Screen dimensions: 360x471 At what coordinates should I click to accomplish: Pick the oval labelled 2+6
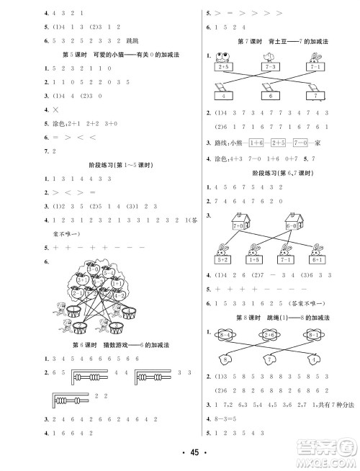[271, 334]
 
